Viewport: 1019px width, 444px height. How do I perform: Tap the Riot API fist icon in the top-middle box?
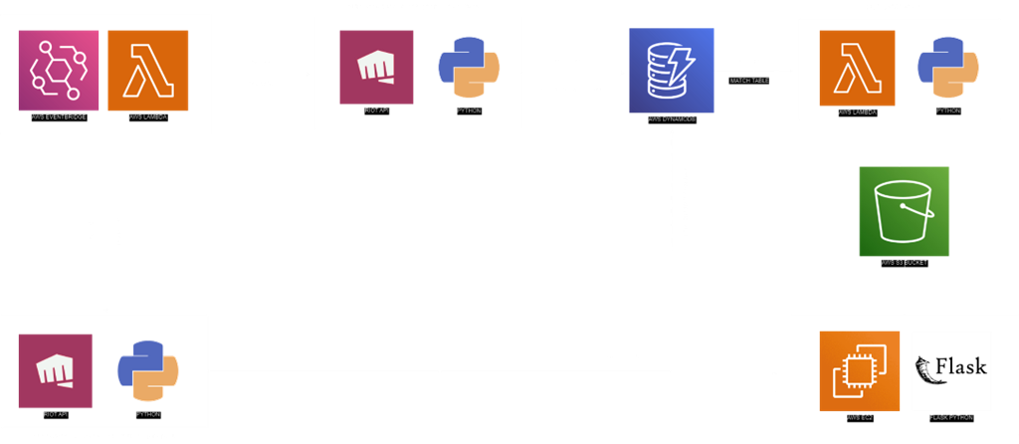tap(376, 67)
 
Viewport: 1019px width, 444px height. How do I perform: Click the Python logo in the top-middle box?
tap(468, 67)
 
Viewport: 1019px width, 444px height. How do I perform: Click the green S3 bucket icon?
tap(904, 210)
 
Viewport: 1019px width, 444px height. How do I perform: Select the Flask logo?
tap(951, 370)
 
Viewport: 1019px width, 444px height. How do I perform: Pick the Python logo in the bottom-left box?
tap(147, 370)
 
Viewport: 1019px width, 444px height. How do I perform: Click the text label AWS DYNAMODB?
tap(672, 117)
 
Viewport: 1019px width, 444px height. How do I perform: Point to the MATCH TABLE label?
tap(749, 80)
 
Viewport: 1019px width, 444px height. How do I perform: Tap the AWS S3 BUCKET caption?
tap(904, 262)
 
